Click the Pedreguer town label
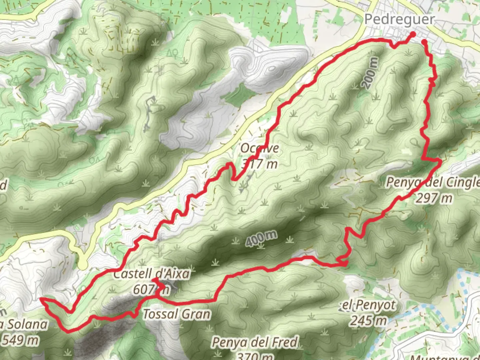(x=399, y=19)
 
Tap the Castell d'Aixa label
(x=152, y=274)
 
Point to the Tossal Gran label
(x=177, y=314)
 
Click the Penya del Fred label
(x=255, y=342)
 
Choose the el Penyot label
(x=369, y=305)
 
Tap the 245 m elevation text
(x=368, y=320)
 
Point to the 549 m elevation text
(x=20, y=340)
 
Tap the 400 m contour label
(x=262, y=239)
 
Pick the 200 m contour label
(x=371, y=73)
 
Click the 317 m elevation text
(x=259, y=164)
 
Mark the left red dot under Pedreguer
(x=412, y=34)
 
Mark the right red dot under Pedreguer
(x=424, y=42)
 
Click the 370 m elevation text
(x=255, y=356)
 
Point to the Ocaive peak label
(x=259, y=148)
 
